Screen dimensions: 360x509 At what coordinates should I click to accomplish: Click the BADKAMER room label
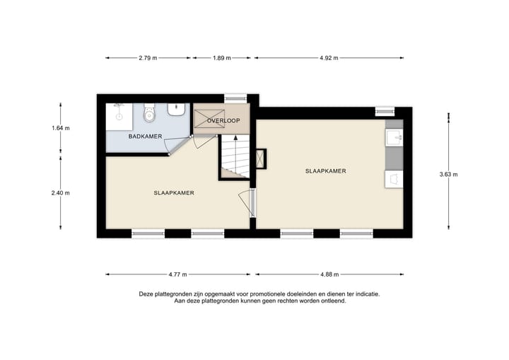coord(146,136)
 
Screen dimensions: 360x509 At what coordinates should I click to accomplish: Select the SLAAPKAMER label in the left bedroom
coord(174,192)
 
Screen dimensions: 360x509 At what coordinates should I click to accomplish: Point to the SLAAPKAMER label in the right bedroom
coord(325,171)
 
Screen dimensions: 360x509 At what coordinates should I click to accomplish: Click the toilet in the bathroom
coord(148,112)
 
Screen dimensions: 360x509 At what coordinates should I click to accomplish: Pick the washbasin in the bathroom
coord(177,110)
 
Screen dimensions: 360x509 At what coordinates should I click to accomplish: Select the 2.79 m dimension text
coord(148,58)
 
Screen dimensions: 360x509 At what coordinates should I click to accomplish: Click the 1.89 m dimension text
coord(221,58)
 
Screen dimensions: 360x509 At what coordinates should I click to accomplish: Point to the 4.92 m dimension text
coord(329,58)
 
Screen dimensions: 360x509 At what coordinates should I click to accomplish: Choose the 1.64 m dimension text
coord(62,128)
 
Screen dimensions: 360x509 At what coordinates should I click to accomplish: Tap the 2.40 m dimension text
coord(62,192)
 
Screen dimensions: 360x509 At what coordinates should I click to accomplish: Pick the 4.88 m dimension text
coord(329,274)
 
